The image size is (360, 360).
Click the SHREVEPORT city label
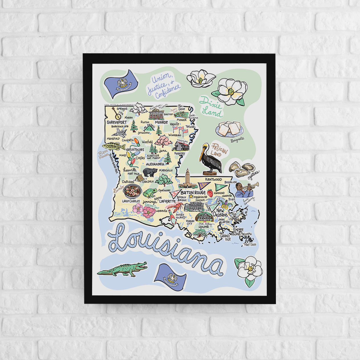click(x=116, y=122)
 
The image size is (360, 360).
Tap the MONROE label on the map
click(x=161, y=122)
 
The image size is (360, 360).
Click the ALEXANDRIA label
click(x=155, y=164)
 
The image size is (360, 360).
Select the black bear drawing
click(x=150, y=172)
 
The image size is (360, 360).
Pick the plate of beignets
click(x=230, y=129)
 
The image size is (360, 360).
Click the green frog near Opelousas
click(x=150, y=193)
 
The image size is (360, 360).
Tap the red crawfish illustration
click(x=178, y=206)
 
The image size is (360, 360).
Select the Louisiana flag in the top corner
click(x=121, y=80)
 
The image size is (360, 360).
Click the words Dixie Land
click(x=211, y=107)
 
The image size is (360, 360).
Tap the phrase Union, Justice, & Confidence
click(x=163, y=85)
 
